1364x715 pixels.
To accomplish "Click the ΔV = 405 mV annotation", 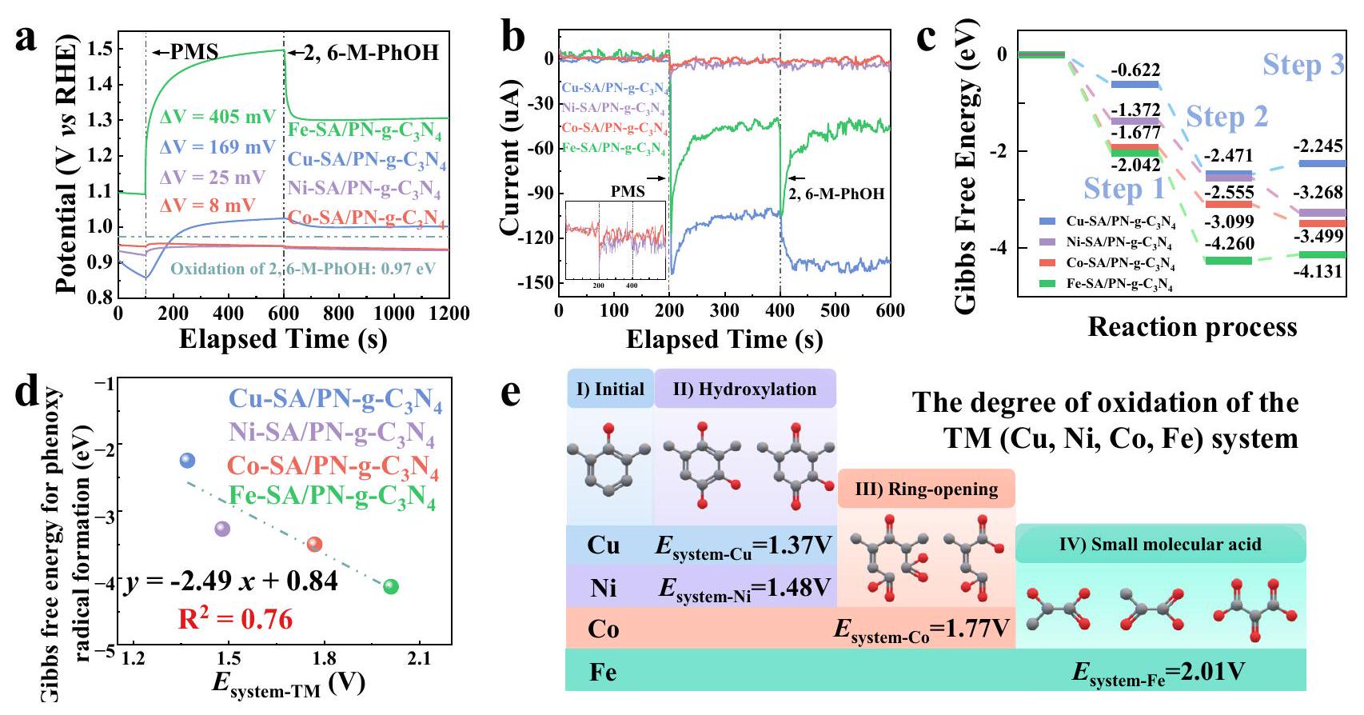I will [217, 117].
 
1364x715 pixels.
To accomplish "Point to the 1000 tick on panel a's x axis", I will [395, 313].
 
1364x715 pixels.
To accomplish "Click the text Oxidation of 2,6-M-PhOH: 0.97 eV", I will [303, 269].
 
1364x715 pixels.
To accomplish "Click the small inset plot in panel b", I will [615, 241].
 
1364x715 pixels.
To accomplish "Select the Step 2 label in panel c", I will [1226, 117].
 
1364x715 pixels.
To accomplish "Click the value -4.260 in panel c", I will [1228, 244].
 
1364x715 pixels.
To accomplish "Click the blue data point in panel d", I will [187, 460].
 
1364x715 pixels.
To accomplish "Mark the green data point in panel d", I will [390, 586].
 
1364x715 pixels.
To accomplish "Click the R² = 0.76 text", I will [235, 619].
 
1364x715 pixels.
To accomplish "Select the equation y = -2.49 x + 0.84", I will [230, 581].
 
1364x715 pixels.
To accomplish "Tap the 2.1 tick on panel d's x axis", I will [419, 659].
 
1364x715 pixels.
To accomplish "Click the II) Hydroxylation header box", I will [744, 389].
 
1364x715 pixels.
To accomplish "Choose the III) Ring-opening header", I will [926, 489].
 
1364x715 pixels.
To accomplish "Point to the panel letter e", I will [512, 393].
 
